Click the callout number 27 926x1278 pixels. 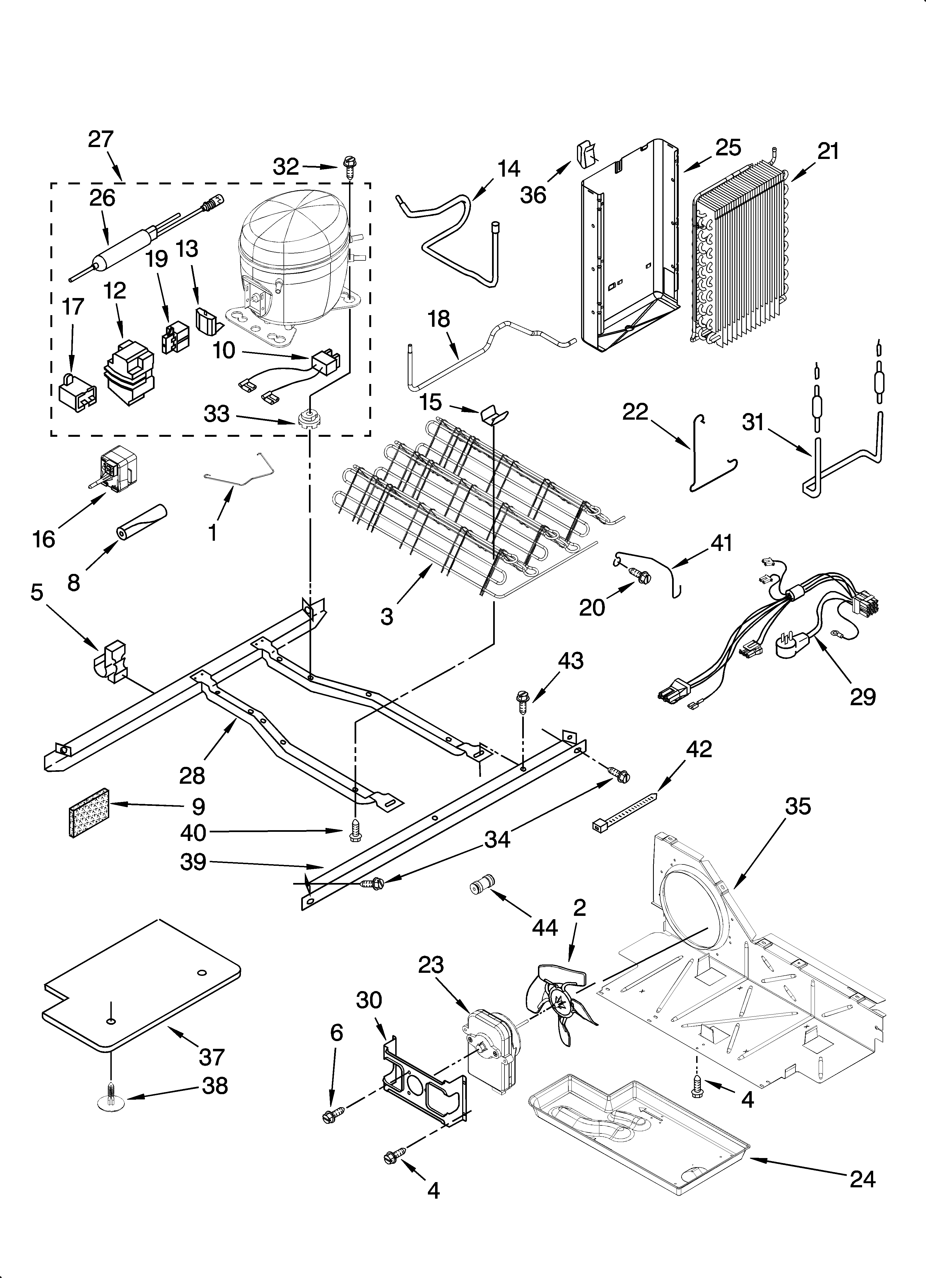(101, 139)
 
